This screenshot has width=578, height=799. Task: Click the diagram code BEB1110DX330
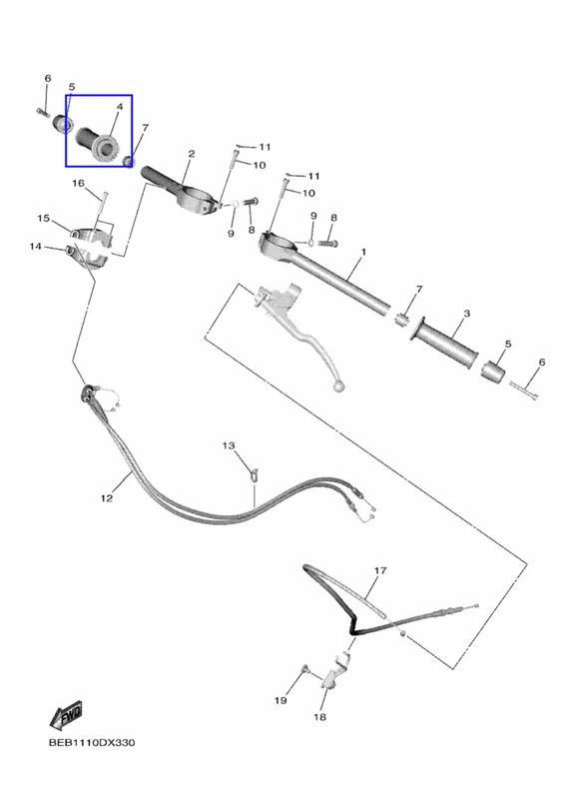92,742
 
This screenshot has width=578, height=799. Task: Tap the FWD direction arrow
66,716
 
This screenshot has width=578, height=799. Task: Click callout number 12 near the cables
107,497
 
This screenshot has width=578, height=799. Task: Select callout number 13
229,445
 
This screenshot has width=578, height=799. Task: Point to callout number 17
380,570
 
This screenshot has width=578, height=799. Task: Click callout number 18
319,717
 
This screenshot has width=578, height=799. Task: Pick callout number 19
281,701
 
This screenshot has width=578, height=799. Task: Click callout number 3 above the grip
466,314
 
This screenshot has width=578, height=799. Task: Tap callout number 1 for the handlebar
363,252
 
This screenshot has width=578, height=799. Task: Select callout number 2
192,154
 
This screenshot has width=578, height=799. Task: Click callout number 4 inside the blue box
120,107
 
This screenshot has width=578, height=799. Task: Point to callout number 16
78,183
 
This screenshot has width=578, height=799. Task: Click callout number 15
43,218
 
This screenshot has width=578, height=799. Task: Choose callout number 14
35,247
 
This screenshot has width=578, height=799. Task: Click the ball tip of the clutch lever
337,388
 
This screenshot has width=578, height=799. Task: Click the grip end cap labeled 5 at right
493,372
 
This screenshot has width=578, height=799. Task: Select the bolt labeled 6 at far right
523,391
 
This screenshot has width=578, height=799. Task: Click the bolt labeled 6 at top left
43,112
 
